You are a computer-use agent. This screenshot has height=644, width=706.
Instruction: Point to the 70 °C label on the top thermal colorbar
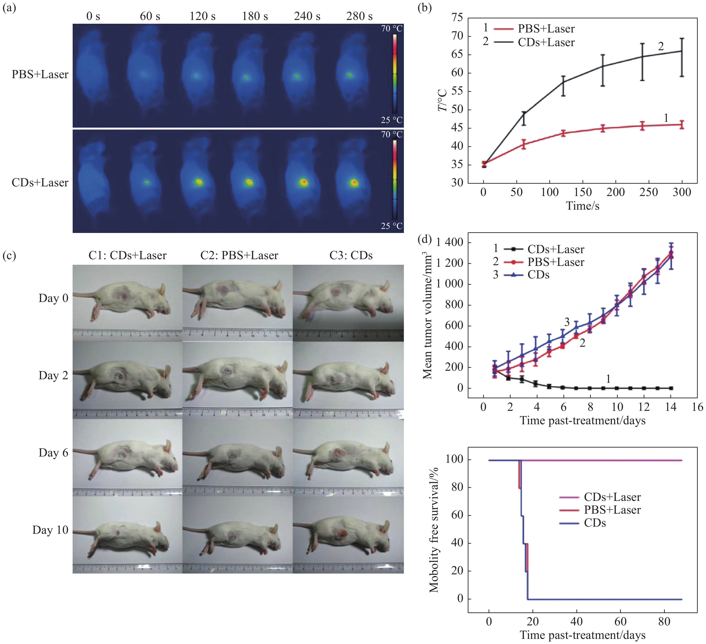click(392, 29)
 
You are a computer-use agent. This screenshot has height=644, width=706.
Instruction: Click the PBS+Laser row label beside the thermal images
click(40, 75)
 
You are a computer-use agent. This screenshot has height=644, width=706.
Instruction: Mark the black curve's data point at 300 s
click(682, 51)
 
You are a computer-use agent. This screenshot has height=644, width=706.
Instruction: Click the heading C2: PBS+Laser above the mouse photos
click(239, 256)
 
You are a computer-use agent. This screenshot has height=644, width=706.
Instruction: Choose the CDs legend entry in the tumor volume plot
click(538, 275)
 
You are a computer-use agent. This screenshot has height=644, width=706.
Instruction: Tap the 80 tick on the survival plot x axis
click(664, 622)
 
